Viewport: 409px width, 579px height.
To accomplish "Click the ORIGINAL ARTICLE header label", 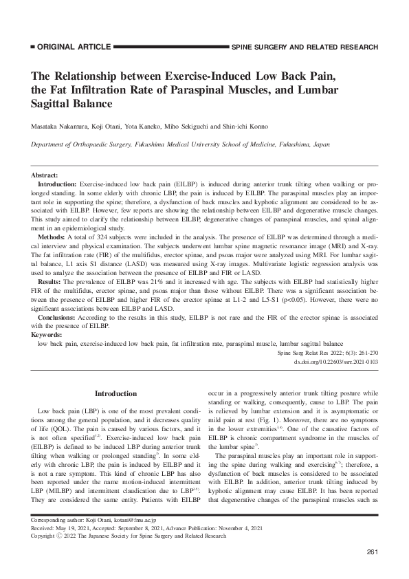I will coord(71,47).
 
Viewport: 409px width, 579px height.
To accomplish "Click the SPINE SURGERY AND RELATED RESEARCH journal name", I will coord(305,47).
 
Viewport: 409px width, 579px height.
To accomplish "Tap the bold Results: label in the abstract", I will coord(50,281).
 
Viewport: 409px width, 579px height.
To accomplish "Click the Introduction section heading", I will coord(115,393).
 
